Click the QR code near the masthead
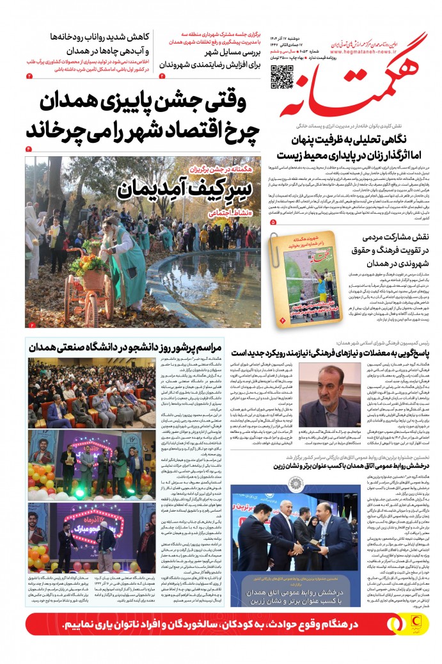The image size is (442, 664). pos(282,76)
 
